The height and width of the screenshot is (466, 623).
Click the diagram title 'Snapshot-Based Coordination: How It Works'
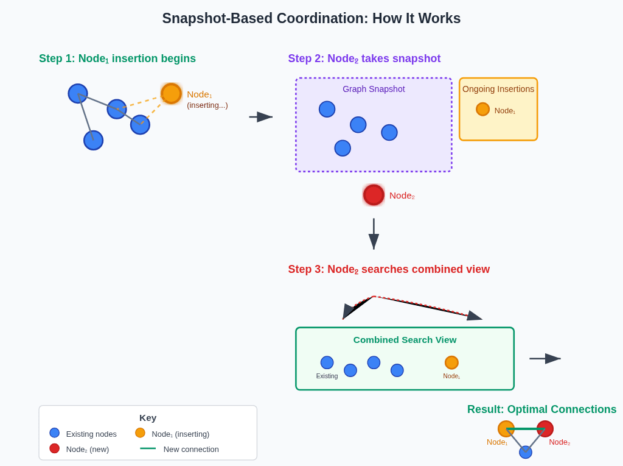[x=311, y=18]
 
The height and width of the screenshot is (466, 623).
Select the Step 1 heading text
[x=117, y=58]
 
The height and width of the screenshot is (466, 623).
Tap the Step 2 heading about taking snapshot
[x=364, y=58]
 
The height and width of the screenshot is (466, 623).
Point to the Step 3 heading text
[x=389, y=269]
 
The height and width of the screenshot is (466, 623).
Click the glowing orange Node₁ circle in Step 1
[x=171, y=94]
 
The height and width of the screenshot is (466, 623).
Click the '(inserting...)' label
[x=207, y=105]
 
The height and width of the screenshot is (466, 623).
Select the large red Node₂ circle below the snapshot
[x=374, y=195]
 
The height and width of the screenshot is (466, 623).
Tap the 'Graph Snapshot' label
[x=374, y=89]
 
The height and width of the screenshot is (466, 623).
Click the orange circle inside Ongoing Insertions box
[x=482, y=109]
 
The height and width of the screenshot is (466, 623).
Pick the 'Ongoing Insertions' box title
[x=498, y=89]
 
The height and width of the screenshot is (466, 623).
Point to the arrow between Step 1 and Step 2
[x=261, y=117]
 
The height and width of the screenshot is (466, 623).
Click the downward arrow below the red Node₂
[x=374, y=234]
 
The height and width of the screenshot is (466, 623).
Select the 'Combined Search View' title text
[x=405, y=340]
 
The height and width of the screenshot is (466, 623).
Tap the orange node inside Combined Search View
[x=451, y=362]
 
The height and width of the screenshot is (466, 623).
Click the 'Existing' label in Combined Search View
[x=327, y=376]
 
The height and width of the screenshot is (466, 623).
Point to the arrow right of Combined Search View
[x=545, y=359]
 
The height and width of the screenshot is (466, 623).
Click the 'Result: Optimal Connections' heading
[x=541, y=409]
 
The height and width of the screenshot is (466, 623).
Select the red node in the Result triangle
[x=545, y=429]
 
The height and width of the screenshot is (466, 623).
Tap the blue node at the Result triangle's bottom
[x=525, y=452]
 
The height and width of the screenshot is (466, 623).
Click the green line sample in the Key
[x=148, y=448]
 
